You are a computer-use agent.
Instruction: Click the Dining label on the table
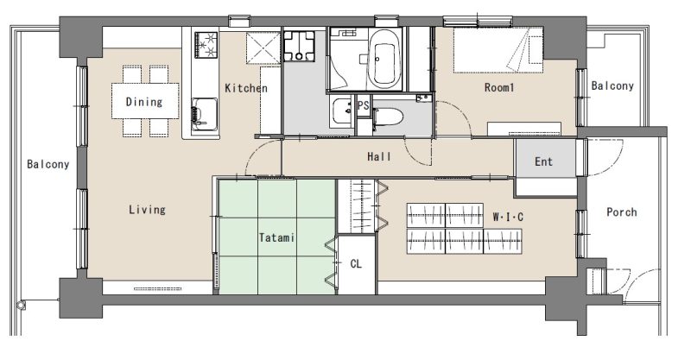point(144,102)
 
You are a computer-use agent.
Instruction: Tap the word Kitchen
point(246,88)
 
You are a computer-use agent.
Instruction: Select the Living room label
point(147,209)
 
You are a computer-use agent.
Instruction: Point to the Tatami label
point(276,237)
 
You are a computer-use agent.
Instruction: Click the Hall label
point(379,156)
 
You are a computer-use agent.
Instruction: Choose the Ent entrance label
point(543,161)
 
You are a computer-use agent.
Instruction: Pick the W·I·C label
point(508,217)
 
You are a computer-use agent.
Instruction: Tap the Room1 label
point(499,87)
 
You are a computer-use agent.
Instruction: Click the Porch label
point(621,212)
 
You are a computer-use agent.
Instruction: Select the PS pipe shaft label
point(363,105)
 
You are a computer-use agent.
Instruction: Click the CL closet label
point(356,264)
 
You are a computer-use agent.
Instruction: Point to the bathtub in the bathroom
point(384,59)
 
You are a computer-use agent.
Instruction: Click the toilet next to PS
point(387,117)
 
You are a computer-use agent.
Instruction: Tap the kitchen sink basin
point(205,114)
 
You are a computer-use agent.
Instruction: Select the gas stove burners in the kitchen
point(206,45)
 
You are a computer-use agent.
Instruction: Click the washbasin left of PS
point(341,111)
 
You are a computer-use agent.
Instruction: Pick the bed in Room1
point(498,50)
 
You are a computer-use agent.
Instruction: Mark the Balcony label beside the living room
point(48,164)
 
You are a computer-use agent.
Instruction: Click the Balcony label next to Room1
point(612,85)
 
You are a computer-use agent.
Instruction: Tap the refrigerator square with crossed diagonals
point(263,48)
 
